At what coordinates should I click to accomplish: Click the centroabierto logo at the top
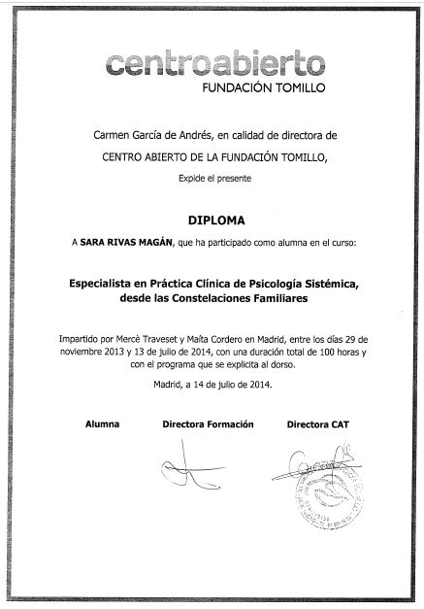coord(212,65)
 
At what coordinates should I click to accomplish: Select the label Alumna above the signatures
coord(102,424)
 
